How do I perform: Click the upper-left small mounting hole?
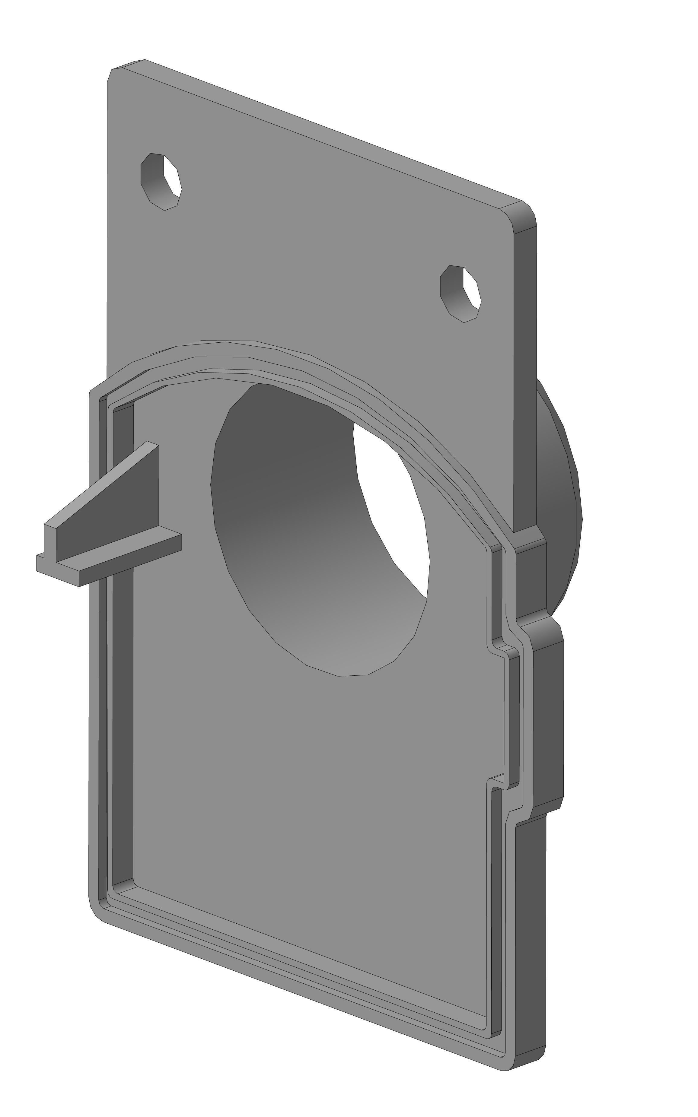pos(161,181)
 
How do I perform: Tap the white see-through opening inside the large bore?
pos(392,507)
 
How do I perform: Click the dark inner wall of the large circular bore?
pos(286,484)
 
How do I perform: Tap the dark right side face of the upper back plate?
pos(525,369)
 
